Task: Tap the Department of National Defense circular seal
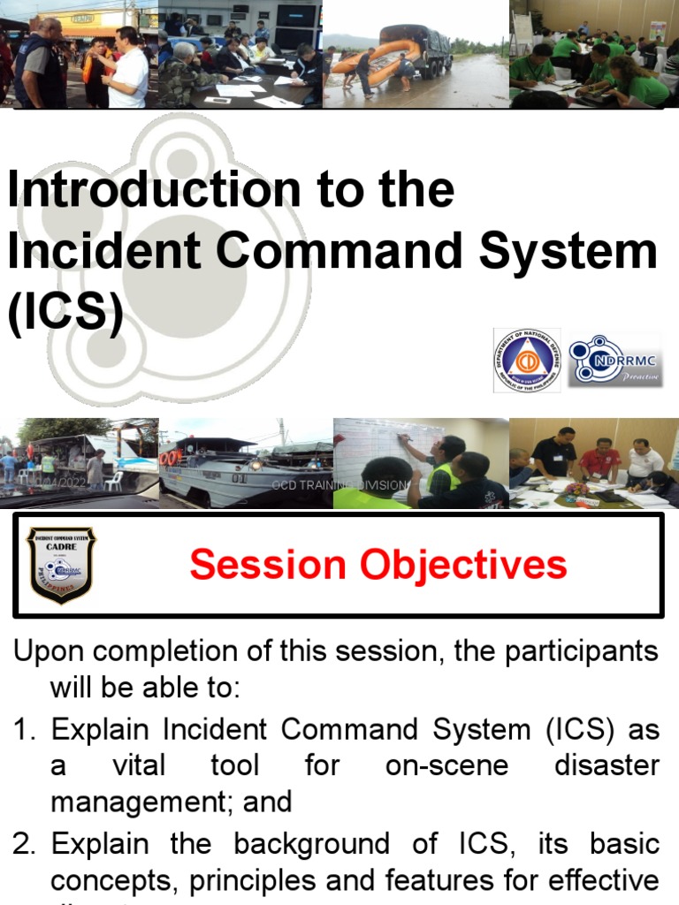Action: (526, 361)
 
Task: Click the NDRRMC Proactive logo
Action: (615, 361)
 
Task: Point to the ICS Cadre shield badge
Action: (61, 565)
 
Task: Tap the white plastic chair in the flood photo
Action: (114, 480)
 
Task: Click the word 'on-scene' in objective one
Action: (447, 765)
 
